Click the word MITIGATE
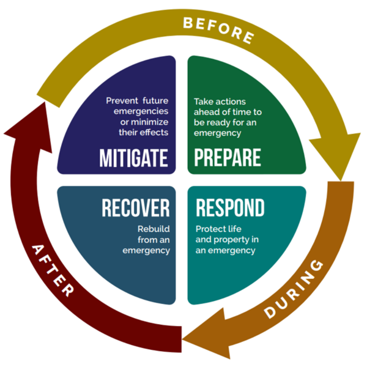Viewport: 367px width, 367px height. pos(133,157)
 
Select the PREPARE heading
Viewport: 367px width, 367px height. pos(228,157)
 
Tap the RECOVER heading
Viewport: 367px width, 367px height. pos(136,208)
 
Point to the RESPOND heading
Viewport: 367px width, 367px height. pos(230,208)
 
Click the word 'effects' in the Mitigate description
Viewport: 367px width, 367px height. pos(154,132)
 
